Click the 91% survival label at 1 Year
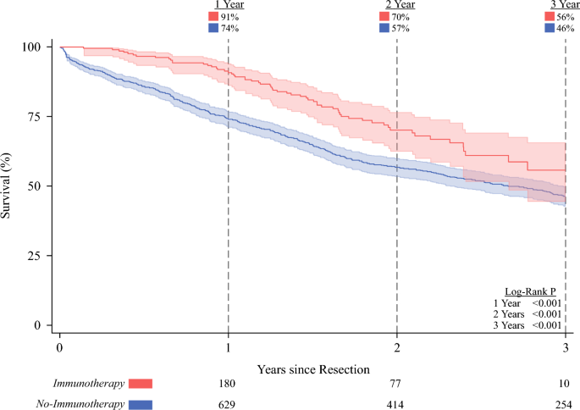(x=229, y=17)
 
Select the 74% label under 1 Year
(x=229, y=28)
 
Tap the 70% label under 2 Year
(x=400, y=17)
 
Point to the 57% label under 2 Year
(x=400, y=28)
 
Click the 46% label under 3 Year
(x=566, y=28)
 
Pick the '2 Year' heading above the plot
(x=400, y=5)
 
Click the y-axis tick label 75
(x=35, y=116)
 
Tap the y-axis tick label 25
(x=35, y=255)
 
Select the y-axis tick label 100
(x=32, y=47)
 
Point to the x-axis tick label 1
(x=229, y=348)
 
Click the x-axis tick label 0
(x=60, y=348)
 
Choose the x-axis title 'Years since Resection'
(x=313, y=369)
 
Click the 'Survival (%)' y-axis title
(x=6, y=186)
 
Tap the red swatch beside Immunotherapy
(x=141, y=384)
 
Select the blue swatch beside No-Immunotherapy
(x=141, y=405)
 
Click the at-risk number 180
(x=227, y=384)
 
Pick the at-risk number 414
(x=395, y=404)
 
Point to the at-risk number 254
(x=564, y=404)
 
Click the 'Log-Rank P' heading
(x=530, y=291)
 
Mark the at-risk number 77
(x=395, y=384)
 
